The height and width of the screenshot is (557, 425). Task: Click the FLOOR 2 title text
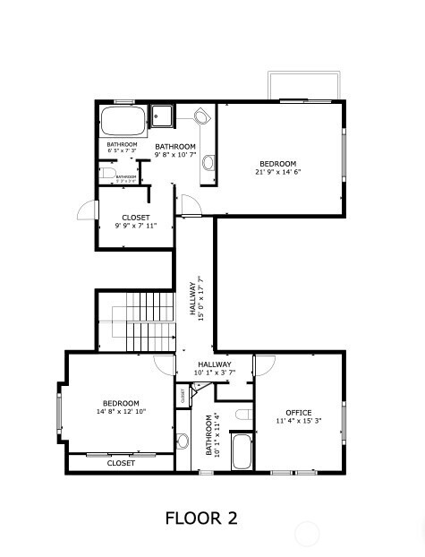(201, 518)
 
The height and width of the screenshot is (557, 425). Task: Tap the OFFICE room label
(298, 412)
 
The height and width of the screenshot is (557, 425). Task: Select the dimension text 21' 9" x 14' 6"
(278, 171)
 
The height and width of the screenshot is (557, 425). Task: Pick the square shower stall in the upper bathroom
(162, 116)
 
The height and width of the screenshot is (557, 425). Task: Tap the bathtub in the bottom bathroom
(242, 451)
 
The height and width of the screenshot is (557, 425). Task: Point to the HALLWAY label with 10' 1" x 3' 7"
(215, 368)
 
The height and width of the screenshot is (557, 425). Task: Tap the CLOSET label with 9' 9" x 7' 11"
(136, 221)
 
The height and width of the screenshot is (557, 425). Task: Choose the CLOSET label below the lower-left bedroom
(121, 463)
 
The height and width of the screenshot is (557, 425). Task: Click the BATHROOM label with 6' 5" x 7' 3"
(123, 148)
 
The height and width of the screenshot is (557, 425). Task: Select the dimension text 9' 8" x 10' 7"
(175, 155)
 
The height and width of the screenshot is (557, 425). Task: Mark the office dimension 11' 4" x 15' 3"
(298, 420)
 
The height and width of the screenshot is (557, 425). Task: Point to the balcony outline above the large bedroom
(303, 85)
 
